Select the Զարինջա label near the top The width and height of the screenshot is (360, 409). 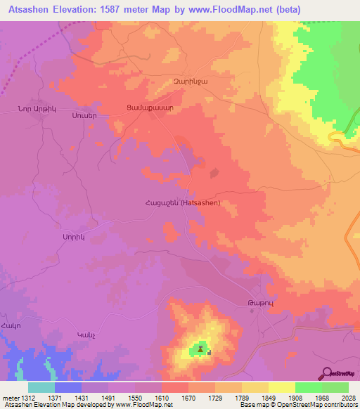[x=187, y=82]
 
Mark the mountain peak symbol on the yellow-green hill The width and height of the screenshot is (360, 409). [x=200, y=347]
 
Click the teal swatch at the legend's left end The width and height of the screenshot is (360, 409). [x=41, y=387]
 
